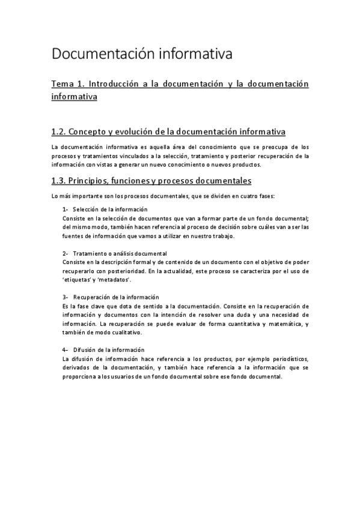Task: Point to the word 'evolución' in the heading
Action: pyautogui.click(x=145, y=132)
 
